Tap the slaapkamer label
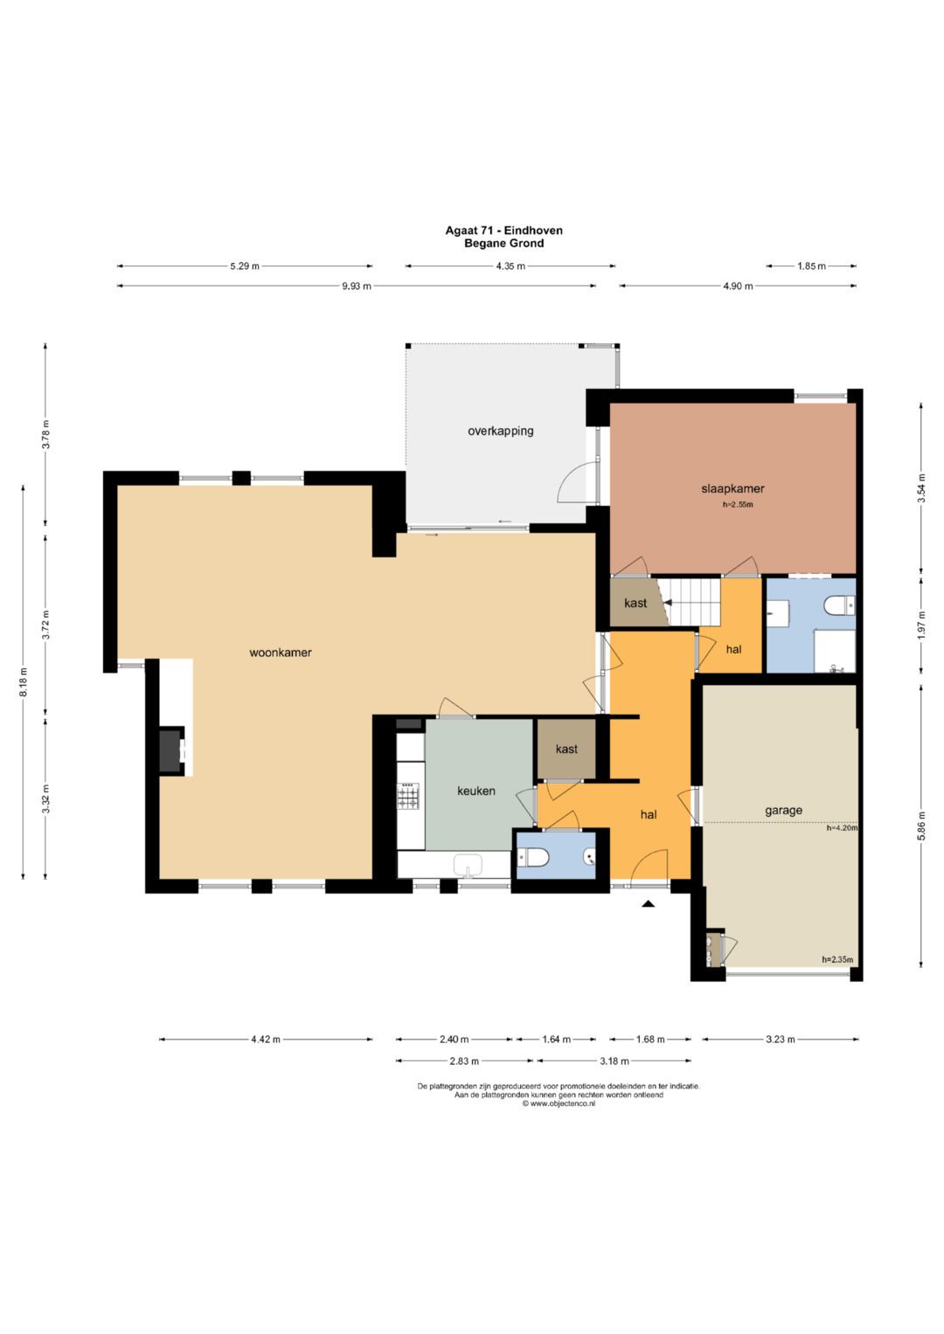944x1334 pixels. click(732, 489)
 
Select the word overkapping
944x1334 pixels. click(501, 431)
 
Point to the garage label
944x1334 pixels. click(783, 811)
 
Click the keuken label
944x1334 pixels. click(476, 791)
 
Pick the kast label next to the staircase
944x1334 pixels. click(635, 604)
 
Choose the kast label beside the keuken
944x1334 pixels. click(566, 750)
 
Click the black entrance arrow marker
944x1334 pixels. click(649, 904)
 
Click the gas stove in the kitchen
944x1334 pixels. click(409, 796)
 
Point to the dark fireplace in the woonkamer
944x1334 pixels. click(171, 751)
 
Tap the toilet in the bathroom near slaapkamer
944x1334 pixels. click(839, 605)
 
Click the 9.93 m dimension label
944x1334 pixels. click(357, 286)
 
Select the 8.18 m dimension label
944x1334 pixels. click(23, 682)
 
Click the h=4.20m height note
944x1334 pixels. click(842, 828)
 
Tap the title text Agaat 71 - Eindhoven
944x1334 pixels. click(504, 230)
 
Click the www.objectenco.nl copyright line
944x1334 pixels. click(559, 1103)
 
